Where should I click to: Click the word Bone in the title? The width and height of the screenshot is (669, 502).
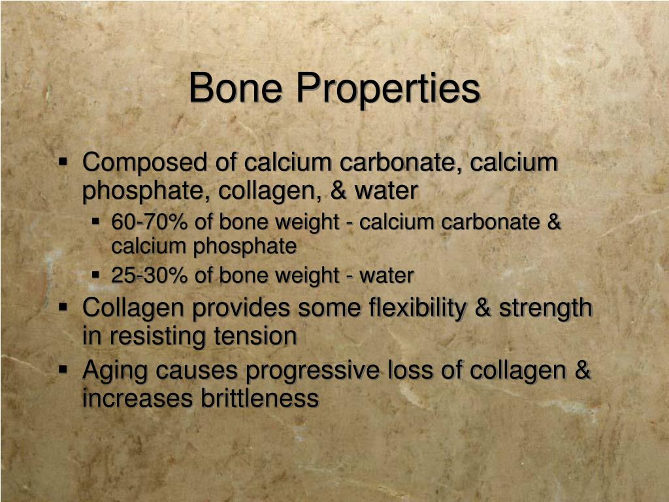(x=236, y=88)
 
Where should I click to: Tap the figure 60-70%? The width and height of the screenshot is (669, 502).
(x=150, y=222)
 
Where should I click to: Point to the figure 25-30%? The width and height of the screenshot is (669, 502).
(x=150, y=276)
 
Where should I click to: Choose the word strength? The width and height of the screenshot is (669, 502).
(x=546, y=308)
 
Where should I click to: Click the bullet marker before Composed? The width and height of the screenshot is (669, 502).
(x=63, y=160)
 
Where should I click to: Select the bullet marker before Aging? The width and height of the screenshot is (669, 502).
(x=63, y=369)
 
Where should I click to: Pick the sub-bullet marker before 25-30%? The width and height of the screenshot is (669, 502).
(x=95, y=275)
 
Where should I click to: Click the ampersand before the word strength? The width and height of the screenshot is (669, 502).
(x=483, y=308)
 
